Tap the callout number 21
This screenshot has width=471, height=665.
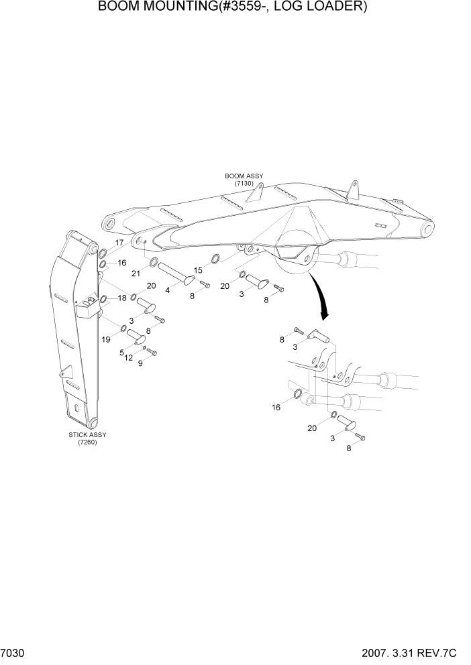click(x=136, y=273)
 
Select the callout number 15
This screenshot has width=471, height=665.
click(x=199, y=269)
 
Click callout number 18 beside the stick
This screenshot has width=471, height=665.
click(x=123, y=298)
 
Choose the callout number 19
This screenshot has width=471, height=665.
click(x=106, y=340)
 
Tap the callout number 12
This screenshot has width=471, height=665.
click(x=129, y=358)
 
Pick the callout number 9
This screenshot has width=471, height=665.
click(x=140, y=363)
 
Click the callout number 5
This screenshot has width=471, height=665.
click(x=121, y=352)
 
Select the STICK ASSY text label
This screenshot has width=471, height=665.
click(x=87, y=434)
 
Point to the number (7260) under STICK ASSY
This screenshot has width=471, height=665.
click(x=87, y=442)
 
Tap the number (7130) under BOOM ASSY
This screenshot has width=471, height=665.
click(x=244, y=184)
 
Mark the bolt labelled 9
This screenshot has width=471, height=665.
click(x=152, y=351)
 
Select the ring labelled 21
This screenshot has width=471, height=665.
click(x=154, y=261)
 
